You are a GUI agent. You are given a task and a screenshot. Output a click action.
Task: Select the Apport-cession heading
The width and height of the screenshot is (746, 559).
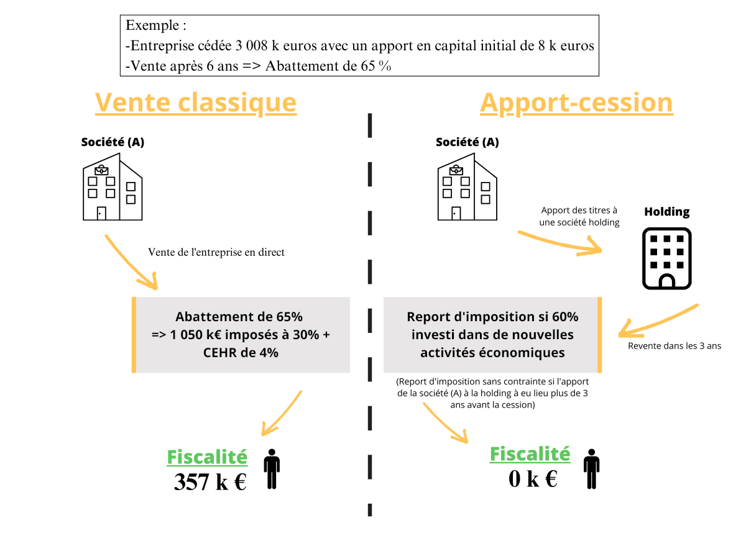coord(576,103)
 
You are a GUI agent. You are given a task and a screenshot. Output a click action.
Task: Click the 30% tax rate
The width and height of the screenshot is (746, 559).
coord(307,335)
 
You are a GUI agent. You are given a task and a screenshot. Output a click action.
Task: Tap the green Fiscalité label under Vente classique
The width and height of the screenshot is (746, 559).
coord(207,457)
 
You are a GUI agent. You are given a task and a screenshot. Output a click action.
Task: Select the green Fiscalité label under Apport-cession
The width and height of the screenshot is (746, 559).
coord(530,454)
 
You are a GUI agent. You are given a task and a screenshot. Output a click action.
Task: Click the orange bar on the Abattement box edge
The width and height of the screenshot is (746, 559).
coord(134,335)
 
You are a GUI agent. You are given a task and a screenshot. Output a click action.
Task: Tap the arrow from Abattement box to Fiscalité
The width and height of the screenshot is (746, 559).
coord(283,413)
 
